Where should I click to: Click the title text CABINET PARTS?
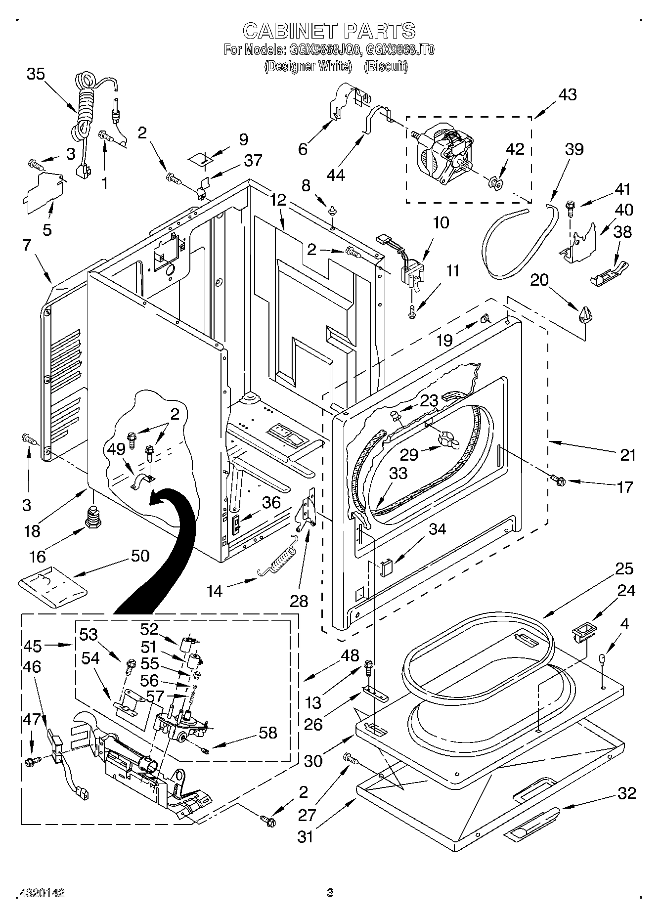click(329, 31)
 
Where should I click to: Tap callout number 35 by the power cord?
click(35, 74)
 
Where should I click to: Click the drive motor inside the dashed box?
click(442, 151)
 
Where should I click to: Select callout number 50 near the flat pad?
click(140, 556)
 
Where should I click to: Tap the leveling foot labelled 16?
click(92, 517)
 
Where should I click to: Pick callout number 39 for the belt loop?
click(574, 149)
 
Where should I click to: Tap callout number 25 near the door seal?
click(624, 569)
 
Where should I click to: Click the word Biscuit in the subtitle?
click(385, 66)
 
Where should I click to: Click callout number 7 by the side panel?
click(26, 245)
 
